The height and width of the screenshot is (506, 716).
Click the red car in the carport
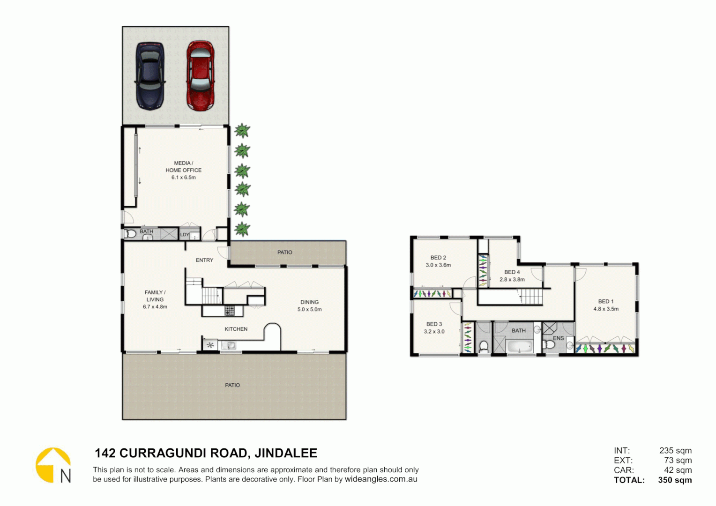(x=201, y=76)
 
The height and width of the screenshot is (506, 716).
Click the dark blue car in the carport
(x=150, y=76)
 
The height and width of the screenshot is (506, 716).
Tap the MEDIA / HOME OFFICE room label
(x=183, y=167)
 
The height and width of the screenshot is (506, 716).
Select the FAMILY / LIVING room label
(x=155, y=296)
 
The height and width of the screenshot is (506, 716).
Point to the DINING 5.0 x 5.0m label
(x=309, y=305)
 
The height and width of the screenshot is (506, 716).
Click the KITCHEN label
(x=236, y=329)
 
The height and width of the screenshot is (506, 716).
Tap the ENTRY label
(x=204, y=260)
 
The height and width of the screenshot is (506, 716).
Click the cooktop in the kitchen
(x=229, y=311)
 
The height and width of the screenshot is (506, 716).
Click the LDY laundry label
(x=185, y=235)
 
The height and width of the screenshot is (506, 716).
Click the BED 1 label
(x=605, y=301)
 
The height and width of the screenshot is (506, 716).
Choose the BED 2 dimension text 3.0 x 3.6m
(x=438, y=265)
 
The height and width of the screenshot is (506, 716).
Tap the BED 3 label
(x=434, y=324)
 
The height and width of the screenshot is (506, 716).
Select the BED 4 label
(x=512, y=272)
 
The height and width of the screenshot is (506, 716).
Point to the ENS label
(x=558, y=338)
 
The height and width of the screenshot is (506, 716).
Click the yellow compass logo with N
(x=53, y=465)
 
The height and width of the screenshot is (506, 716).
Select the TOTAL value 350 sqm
(x=675, y=480)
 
